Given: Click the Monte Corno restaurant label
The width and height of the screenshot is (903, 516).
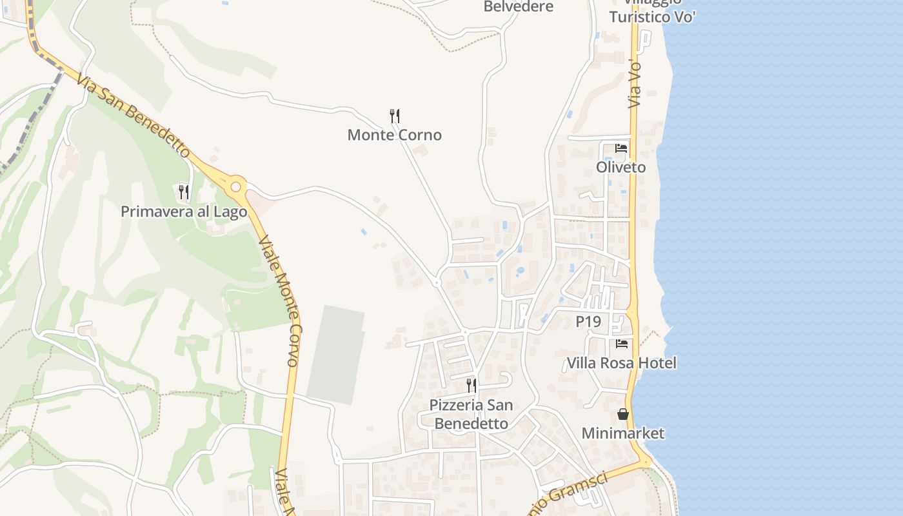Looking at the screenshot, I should click(x=394, y=135).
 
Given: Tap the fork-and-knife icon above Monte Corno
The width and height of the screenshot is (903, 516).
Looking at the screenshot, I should click(x=395, y=116).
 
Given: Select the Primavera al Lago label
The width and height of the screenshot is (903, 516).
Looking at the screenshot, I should click(x=184, y=212).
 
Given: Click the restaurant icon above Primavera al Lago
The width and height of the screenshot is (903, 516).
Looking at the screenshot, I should click(x=184, y=192).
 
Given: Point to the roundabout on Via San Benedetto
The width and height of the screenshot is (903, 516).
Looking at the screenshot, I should click(x=236, y=187).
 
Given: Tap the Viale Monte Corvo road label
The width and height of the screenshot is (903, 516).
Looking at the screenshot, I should click(x=279, y=301).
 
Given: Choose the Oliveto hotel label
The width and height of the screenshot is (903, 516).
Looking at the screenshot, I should click(x=620, y=167).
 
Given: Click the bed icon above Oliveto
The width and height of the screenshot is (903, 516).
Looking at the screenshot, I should click(x=621, y=148).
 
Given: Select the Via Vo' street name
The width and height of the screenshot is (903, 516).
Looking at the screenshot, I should click(x=635, y=84).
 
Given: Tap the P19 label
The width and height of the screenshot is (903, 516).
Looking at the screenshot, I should click(x=588, y=321).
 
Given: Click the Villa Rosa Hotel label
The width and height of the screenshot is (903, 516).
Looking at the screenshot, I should click(x=621, y=363).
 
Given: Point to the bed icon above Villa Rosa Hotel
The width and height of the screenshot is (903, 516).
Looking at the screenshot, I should click(x=622, y=344).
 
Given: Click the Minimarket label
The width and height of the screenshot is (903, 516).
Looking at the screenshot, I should click(x=622, y=433).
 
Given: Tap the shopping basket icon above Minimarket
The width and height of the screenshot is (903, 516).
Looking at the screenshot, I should click(x=623, y=414).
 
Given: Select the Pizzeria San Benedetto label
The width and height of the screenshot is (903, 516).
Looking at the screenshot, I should click(x=471, y=414).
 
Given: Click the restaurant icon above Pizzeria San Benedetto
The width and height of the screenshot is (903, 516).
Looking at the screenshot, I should click(x=471, y=386).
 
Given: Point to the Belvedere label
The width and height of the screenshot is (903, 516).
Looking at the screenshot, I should click(x=519, y=7).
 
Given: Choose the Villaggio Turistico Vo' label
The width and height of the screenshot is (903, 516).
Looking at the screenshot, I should click(x=652, y=13).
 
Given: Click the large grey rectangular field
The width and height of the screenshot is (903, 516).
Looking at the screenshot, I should click(x=335, y=355).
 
